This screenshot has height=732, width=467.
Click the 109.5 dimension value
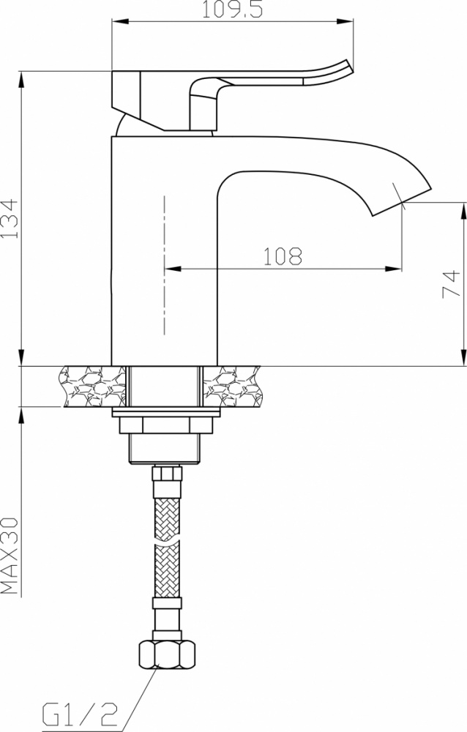point(232,9)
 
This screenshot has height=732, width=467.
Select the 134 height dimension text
point(10,219)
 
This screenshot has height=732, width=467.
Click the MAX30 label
point(10,556)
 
